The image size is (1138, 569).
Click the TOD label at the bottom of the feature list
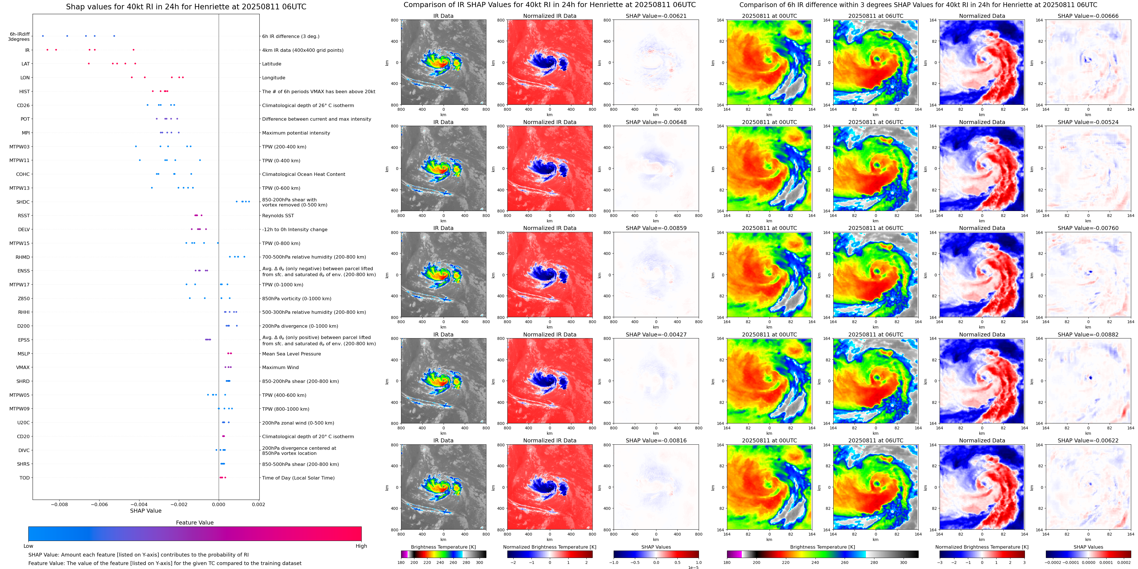[25, 478]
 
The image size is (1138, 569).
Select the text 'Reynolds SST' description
[278, 216]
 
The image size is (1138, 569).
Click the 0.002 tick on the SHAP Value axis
[258, 504]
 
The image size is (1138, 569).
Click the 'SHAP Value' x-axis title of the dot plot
[146, 511]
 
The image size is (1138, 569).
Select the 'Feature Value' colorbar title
[195, 523]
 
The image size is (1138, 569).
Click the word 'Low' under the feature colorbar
[28, 546]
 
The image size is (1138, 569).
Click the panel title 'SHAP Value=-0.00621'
[656, 16]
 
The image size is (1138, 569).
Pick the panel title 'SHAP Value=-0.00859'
[656, 228]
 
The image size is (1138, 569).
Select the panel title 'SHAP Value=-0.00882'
[1088, 334]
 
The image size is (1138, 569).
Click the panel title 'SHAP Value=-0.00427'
[656, 334]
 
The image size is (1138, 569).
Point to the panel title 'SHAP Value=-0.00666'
[1088, 16]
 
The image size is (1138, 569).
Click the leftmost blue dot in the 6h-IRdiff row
[43, 36]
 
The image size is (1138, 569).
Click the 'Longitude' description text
[274, 78]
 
